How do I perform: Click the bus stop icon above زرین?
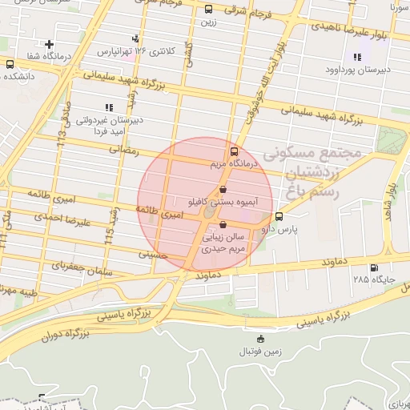click(208, 10)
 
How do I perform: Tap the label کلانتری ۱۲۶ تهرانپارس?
click(136, 51)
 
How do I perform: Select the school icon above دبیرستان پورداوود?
click(356, 57)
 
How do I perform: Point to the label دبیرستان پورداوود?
click(357, 70)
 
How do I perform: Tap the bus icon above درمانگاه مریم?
click(234, 151)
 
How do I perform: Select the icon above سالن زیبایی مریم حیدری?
click(222, 225)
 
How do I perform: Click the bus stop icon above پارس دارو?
click(279, 216)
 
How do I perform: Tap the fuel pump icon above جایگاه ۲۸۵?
click(373, 267)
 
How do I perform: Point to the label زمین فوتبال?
click(258, 352)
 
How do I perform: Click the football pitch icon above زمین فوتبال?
click(258, 340)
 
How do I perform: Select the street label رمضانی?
click(123, 149)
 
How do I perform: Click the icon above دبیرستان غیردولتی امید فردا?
click(109, 107)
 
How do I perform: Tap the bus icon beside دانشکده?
click(10, 64)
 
